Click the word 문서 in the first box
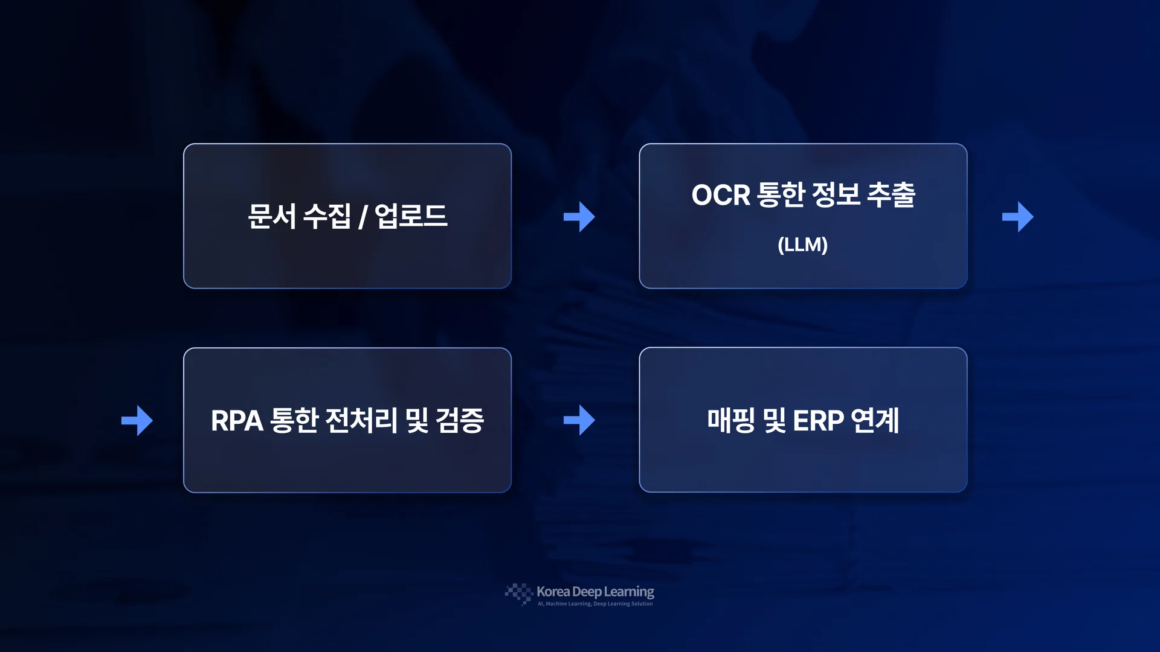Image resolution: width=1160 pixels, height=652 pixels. (272, 216)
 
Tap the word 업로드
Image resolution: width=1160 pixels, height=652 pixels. (411, 216)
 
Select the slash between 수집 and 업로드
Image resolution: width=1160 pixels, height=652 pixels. (362, 217)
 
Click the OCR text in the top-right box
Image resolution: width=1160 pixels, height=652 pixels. (721, 195)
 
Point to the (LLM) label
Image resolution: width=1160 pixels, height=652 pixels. (803, 245)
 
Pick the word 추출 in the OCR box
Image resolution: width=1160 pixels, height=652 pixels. (891, 194)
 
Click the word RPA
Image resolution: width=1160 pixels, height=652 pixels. (237, 421)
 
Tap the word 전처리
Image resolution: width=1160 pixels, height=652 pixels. (361, 420)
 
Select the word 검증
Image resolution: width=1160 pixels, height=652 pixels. (460, 420)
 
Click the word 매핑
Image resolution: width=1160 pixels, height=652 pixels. (731, 420)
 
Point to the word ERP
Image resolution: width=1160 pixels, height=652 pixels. (818, 421)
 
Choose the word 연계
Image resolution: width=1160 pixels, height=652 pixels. (875, 420)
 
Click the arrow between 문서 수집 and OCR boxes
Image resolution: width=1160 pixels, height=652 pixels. (579, 217)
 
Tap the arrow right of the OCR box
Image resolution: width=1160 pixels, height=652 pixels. (1018, 217)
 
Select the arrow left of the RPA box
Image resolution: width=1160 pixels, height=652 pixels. (137, 420)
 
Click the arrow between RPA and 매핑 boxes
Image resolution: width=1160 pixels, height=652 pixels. (579, 420)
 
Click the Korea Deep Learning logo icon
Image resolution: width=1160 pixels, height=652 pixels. (519, 594)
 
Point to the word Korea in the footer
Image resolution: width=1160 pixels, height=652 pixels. (553, 592)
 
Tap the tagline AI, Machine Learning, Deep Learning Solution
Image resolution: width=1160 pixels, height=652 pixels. (595, 604)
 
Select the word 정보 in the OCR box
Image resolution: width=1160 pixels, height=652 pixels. (836, 194)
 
